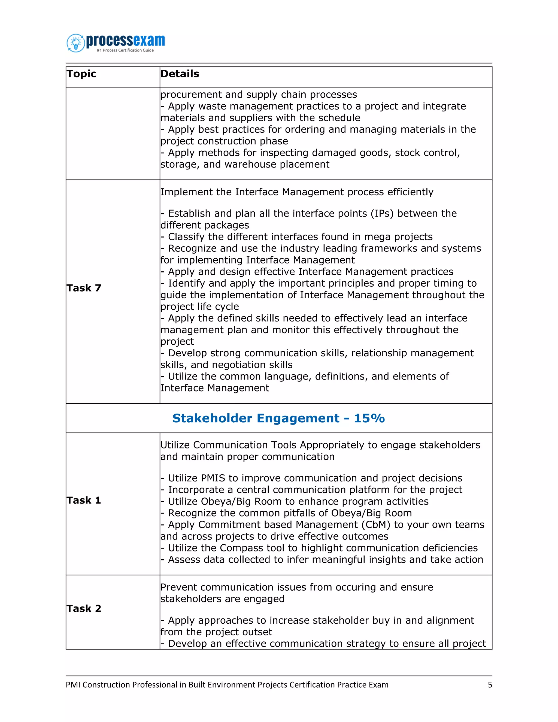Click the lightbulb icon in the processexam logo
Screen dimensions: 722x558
click(76, 43)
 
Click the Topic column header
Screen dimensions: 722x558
click(81, 74)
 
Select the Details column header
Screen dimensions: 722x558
click(180, 74)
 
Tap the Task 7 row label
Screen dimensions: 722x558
click(84, 288)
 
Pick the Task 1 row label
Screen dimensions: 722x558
click(84, 500)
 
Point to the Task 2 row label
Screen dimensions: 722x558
click(84, 608)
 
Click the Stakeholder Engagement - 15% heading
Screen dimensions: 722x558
click(278, 418)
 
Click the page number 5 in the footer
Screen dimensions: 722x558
click(490, 684)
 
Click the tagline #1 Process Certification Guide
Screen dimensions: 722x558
click(125, 50)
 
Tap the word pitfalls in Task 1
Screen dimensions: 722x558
click(308, 513)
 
